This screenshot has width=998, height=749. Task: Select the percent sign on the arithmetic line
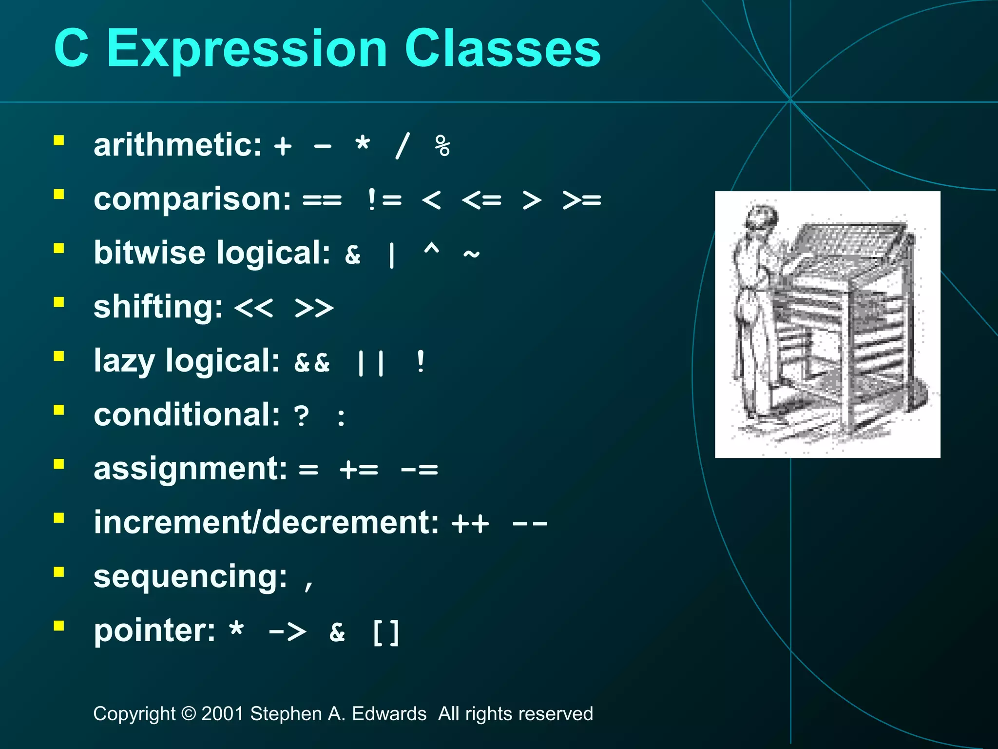point(442,146)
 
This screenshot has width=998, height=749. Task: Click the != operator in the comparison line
point(384,200)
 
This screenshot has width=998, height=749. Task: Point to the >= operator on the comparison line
point(581,200)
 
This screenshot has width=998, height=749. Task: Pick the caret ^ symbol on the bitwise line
point(431,251)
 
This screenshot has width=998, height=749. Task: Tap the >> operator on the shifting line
point(314,308)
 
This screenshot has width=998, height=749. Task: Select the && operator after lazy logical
point(312,362)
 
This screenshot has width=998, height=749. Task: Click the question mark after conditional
point(302,416)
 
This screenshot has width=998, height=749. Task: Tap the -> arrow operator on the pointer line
point(288,632)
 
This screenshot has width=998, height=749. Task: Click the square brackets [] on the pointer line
point(385,633)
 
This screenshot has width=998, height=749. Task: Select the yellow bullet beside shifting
point(59,302)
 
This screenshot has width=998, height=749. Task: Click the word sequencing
point(190,577)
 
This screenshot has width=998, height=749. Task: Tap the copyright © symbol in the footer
point(188,714)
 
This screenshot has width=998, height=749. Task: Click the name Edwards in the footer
point(389,714)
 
